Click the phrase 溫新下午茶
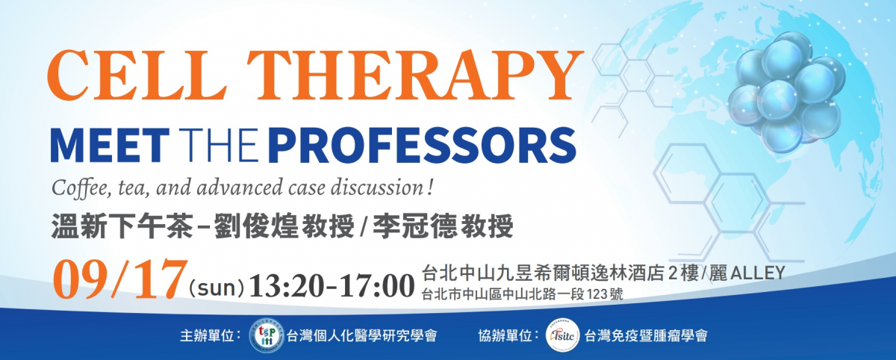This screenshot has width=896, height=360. click(122, 226)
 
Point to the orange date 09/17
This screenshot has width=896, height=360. click(120, 279)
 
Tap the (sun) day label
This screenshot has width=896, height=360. click(216, 288)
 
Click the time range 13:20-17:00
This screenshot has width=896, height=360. click(332, 286)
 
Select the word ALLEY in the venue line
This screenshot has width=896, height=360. click(758, 273)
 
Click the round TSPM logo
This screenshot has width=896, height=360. click(266, 335)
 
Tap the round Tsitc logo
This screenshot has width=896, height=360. click(563, 335)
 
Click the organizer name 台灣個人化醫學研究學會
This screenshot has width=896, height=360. click(361, 335)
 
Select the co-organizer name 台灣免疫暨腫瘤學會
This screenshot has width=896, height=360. click(646, 335)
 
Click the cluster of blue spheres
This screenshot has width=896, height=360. click(786, 92)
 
